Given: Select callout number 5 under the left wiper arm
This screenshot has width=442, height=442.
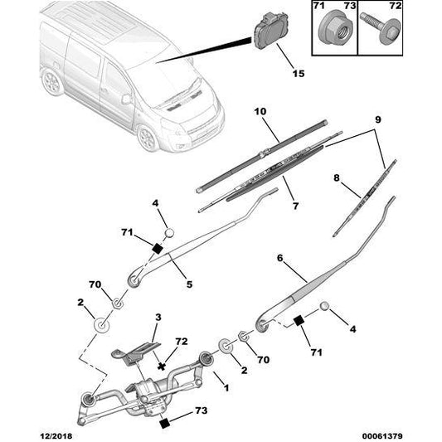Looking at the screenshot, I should [x=190, y=284].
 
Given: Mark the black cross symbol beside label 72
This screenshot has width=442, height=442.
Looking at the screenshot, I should [x=161, y=363].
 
